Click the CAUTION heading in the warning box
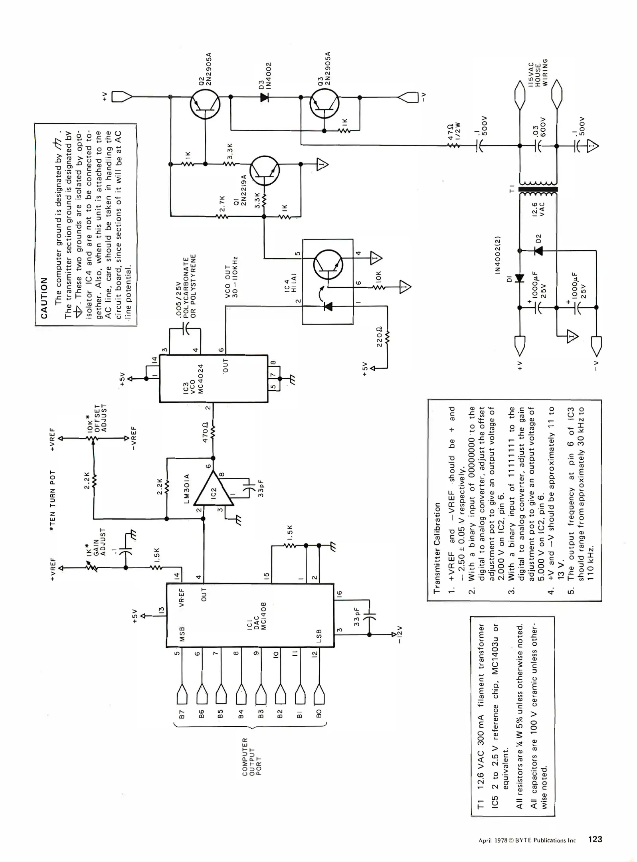point(44,298)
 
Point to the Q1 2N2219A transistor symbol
point(265,170)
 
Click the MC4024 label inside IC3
point(201,378)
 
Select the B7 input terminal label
point(182,714)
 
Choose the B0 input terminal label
point(319,714)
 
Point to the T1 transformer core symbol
point(538,190)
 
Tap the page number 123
point(595,839)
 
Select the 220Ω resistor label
point(380,336)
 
